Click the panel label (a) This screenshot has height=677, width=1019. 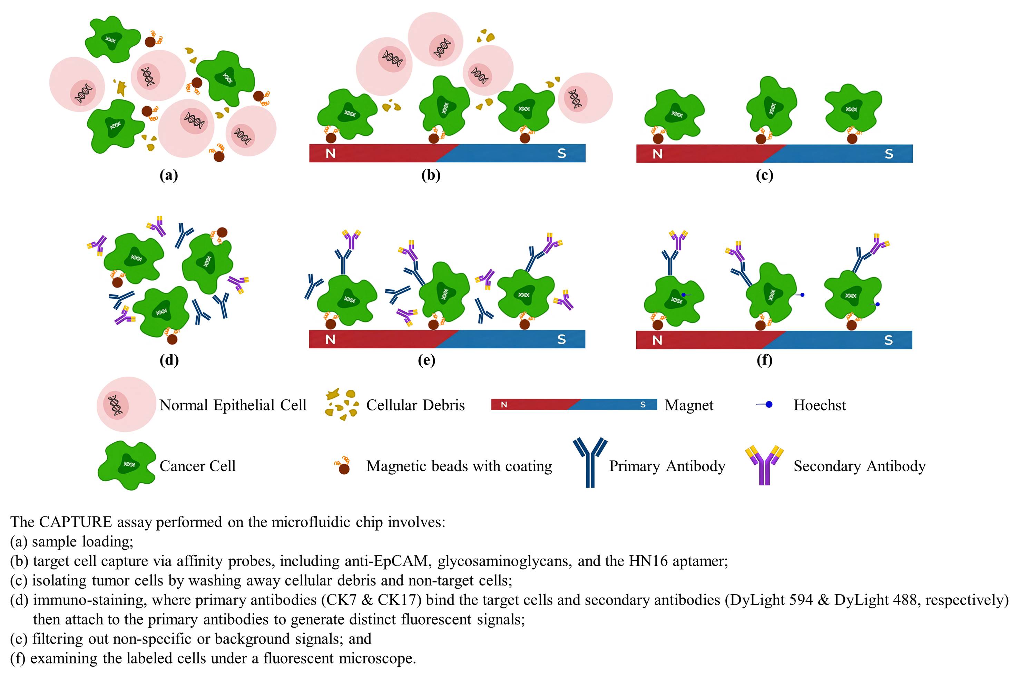(x=169, y=175)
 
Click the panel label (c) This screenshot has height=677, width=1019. (x=764, y=175)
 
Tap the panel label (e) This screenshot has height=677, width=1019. (x=427, y=360)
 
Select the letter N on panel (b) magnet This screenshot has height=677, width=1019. (x=331, y=153)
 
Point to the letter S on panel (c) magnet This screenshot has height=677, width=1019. (x=889, y=154)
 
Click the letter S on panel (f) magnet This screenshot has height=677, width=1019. (x=889, y=340)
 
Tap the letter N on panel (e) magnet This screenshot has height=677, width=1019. (x=330, y=339)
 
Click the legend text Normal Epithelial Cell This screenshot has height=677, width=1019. (x=233, y=405)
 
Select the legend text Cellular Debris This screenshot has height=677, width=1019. (x=415, y=405)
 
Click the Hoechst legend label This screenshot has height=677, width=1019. (x=820, y=405)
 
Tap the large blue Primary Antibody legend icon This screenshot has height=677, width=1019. (x=590, y=462)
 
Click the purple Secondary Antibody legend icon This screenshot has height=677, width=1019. (x=764, y=465)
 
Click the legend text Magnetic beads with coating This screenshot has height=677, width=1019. (x=459, y=466)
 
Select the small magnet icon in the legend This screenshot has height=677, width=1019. (x=574, y=405)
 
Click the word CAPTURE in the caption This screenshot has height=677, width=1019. (x=76, y=522)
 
